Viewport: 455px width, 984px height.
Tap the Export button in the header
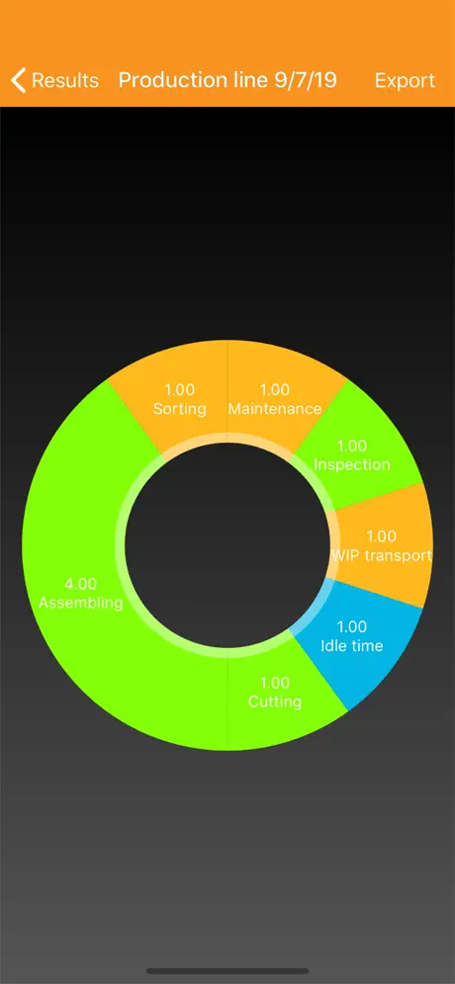point(405,80)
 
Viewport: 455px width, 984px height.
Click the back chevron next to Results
point(18,80)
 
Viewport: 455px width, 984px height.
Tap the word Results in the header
point(65,80)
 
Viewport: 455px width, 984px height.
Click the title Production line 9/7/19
point(227,80)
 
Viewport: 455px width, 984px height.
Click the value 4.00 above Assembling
point(81,584)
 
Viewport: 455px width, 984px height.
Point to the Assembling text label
point(81,603)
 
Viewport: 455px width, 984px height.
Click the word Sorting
point(180,409)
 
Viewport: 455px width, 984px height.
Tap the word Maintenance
point(275,409)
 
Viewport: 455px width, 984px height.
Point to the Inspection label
point(352,465)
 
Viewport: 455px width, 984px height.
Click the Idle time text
point(352,646)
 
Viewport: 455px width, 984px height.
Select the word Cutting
point(275,701)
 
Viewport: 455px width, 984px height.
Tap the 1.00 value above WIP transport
point(382,536)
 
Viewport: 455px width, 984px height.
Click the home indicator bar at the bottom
point(227,971)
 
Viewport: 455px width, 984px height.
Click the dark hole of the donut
point(227,544)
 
